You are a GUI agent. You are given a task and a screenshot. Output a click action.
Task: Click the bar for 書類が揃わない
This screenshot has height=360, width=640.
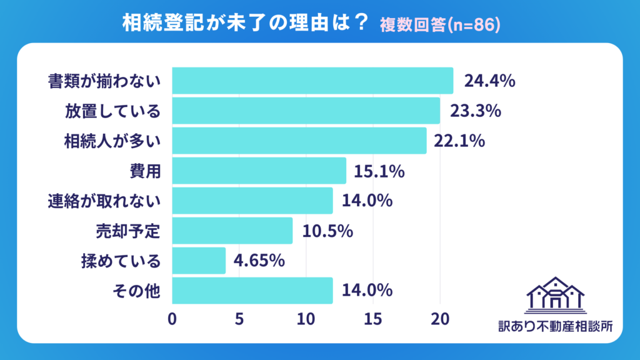(x=312, y=81)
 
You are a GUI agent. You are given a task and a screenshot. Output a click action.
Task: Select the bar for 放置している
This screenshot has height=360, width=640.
(x=306, y=111)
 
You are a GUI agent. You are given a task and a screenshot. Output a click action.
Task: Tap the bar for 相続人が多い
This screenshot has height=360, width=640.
(x=299, y=141)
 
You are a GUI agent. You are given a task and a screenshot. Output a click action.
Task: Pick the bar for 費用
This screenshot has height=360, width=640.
(x=259, y=171)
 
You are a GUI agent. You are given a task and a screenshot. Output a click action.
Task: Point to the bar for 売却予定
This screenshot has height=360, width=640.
(x=232, y=231)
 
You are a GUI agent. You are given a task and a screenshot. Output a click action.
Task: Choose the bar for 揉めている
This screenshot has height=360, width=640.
(x=198, y=261)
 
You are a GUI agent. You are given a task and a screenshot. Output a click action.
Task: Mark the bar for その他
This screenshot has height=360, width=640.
(x=252, y=291)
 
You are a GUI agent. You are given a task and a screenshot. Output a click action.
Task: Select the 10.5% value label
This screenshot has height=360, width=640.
(x=328, y=231)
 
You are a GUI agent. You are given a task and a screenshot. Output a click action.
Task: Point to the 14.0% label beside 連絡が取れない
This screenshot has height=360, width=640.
(x=367, y=201)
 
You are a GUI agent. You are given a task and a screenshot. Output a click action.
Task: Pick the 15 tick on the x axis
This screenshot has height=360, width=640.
(x=373, y=318)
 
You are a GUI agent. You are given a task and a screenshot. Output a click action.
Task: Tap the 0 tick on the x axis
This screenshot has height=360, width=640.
(x=172, y=318)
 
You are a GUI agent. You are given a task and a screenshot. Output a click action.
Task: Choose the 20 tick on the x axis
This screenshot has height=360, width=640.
(x=440, y=318)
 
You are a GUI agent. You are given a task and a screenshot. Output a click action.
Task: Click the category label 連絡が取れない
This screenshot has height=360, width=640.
(x=104, y=201)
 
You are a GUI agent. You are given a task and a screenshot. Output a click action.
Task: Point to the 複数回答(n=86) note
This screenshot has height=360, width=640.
(x=440, y=24)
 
